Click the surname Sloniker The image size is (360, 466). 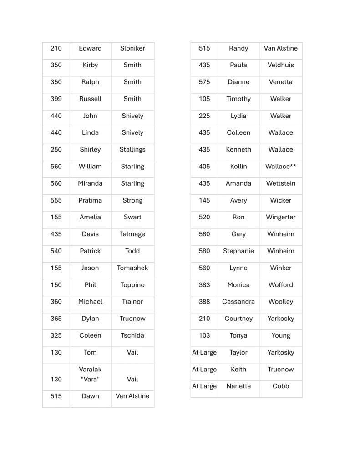(132, 48)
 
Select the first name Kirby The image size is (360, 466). (90, 65)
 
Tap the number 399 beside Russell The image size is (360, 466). (56, 99)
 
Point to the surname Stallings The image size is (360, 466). (132, 149)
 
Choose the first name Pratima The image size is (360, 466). (90, 200)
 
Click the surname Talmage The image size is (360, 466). (132, 234)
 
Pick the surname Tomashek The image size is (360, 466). (132, 268)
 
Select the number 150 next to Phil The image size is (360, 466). (56, 285)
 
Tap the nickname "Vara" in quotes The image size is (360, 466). (90, 379)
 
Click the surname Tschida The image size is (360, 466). (132, 335)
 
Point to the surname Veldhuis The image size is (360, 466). (281, 65)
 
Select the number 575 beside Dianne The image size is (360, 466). (204, 82)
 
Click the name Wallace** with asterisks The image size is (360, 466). (281, 167)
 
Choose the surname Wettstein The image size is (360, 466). (281, 183)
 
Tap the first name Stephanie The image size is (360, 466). (238, 251)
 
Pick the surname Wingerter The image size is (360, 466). (281, 217)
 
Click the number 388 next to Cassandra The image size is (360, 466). (204, 302)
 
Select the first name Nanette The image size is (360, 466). (238, 386)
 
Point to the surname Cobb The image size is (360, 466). (281, 386)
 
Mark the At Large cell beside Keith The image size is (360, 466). (204, 369)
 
